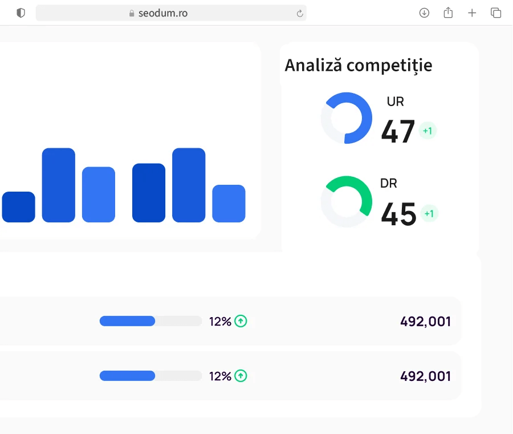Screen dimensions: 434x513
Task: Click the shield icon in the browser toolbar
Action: click(x=21, y=13)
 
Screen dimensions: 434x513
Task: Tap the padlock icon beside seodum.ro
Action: click(x=132, y=13)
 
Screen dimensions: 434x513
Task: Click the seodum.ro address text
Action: click(x=162, y=13)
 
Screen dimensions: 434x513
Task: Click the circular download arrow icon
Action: click(x=424, y=13)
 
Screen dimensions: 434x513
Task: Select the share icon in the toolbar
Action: click(x=448, y=13)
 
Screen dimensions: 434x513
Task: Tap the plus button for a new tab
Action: click(x=472, y=13)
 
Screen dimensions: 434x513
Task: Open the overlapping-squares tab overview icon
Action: click(x=496, y=13)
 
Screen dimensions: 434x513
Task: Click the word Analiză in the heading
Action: click(x=313, y=66)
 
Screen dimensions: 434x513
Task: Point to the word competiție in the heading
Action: click(x=389, y=66)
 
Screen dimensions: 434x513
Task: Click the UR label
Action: click(x=395, y=102)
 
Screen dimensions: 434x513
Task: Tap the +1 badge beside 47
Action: click(x=427, y=131)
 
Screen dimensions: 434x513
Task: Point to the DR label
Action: click(x=389, y=184)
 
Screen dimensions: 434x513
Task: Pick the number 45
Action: click(x=398, y=214)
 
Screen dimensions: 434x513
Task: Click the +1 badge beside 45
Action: click(x=429, y=214)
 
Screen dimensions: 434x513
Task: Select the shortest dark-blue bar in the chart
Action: click(x=18, y=207)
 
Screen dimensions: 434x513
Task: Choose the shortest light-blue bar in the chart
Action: click(x=229, y=204)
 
